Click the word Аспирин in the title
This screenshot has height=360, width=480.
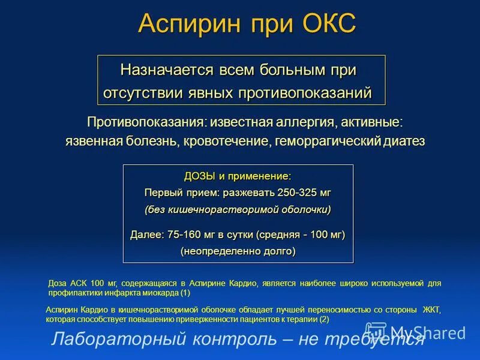coord(186,24)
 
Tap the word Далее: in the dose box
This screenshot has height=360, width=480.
coord(147,235)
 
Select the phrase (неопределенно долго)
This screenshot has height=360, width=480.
coord(238,251)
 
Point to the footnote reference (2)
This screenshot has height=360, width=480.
coord(323,319)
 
